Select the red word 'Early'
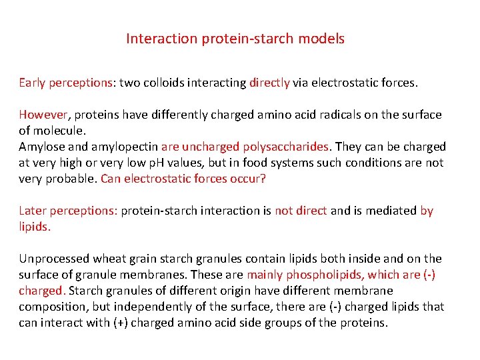32,83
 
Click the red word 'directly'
269,83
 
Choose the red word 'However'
42,115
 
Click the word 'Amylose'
41,147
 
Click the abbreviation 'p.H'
195,163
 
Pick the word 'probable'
71,179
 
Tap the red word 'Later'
33,211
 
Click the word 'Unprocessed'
53,259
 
